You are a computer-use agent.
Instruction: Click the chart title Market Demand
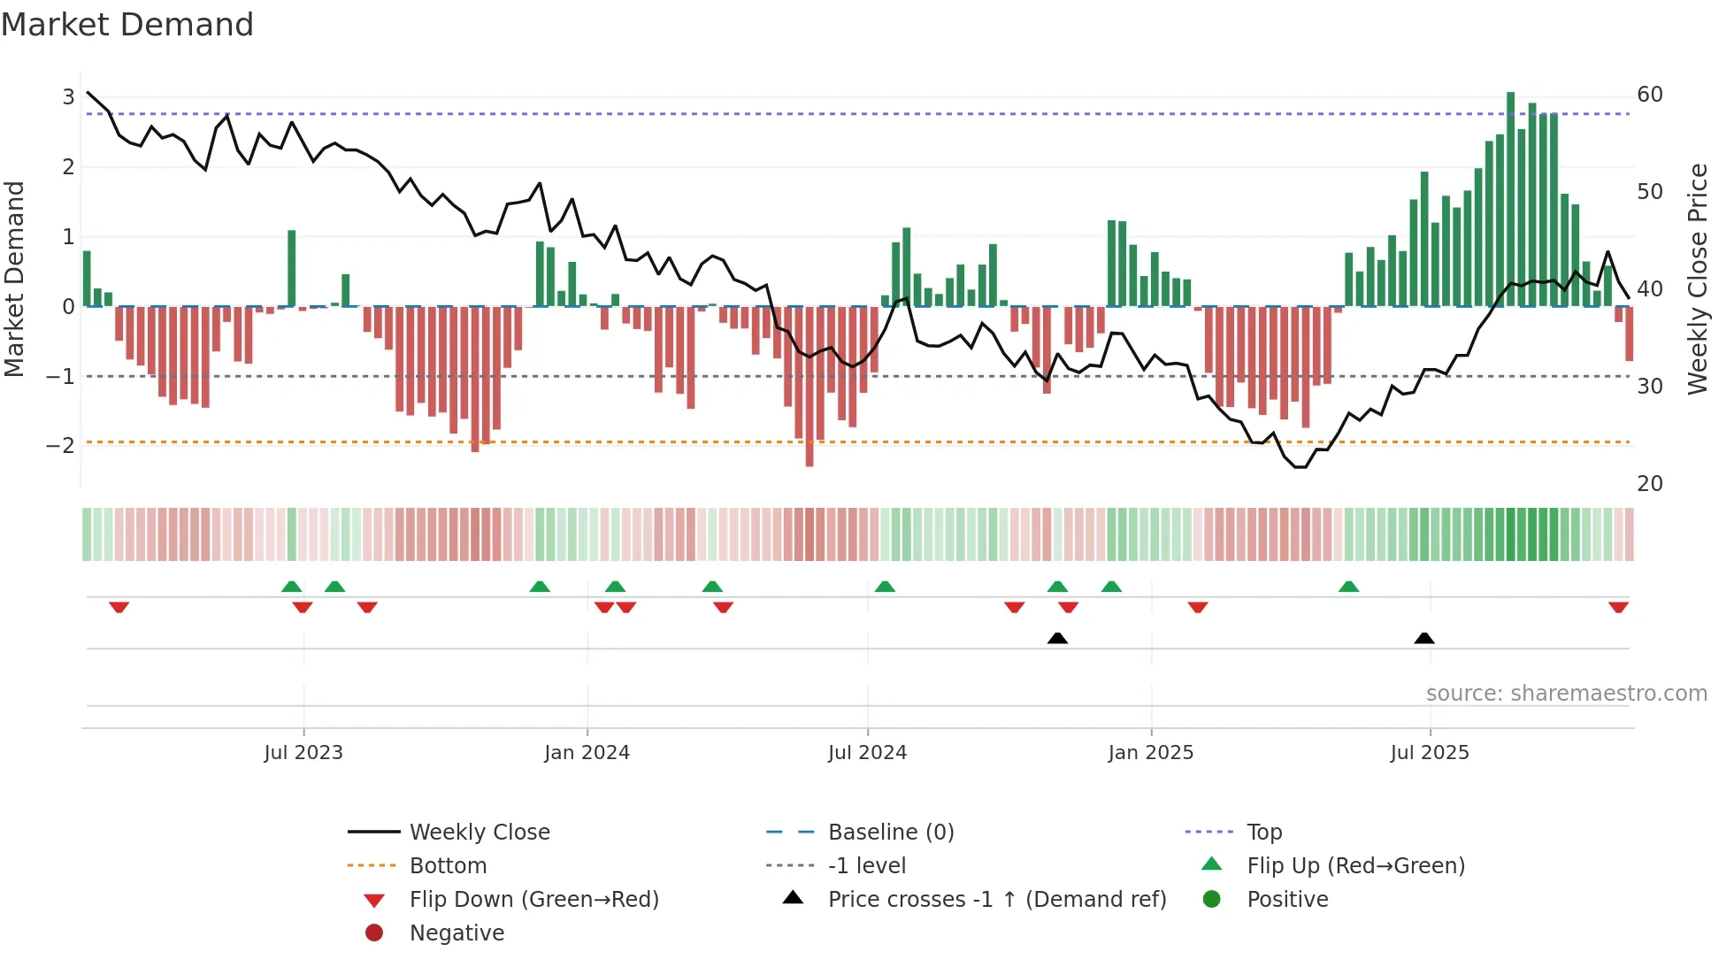[127, 25]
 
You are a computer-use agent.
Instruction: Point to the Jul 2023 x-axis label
[303, 753]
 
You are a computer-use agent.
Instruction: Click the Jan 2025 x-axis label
[1150, 753]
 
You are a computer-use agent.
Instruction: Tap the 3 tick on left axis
[68, 96]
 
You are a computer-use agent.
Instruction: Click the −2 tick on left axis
[61, 445]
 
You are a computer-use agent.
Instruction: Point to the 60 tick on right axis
[1649, 95]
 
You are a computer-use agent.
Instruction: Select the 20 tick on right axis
[1649, 483]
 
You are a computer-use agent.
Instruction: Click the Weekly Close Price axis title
[1697, 279]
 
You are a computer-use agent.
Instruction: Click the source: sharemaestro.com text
[1566, 693]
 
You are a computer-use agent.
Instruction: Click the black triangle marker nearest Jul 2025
[1423, 638]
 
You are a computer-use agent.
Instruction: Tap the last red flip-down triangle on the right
[1618, 608]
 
